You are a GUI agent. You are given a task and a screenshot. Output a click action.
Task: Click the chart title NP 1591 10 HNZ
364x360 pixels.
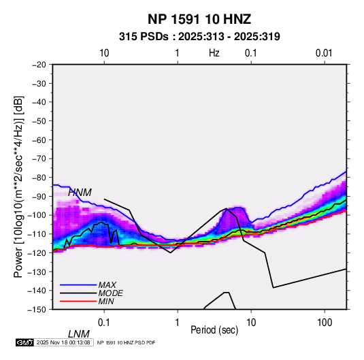[199, 19]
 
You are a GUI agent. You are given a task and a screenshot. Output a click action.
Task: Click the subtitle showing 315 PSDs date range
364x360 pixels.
[199, 37]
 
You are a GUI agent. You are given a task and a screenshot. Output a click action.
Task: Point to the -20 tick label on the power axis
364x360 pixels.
[39, 65]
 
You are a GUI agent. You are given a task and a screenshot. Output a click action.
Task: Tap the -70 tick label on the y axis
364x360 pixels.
[39, 159]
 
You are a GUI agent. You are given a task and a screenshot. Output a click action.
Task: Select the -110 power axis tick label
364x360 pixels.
[37, 234]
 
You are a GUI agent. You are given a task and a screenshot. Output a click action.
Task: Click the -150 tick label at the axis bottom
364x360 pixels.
[37, 310]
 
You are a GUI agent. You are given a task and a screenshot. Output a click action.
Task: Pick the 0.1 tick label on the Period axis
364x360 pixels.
[104, 323]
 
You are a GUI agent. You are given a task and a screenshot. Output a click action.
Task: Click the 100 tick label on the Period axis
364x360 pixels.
[325, 323]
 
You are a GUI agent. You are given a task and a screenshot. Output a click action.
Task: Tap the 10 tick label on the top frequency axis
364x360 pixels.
[104, 53]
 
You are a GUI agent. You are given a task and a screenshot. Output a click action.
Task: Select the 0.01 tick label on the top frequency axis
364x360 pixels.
[324, 53]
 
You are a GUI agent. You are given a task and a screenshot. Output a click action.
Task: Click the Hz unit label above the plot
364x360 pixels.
[214, 53]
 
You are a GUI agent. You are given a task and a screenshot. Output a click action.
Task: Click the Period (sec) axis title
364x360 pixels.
[214, 330]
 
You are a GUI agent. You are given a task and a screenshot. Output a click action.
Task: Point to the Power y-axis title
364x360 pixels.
[18, 187]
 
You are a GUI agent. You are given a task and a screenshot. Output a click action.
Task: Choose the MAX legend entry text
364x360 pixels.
[107, 285]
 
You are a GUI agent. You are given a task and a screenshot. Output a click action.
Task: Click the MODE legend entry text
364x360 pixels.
[110, 293]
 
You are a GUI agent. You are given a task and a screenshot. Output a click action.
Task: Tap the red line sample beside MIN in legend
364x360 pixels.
[78, 301]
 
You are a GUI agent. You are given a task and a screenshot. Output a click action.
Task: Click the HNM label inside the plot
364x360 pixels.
[80, 193]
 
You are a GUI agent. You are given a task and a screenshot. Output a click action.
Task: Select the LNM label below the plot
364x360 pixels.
[79, 334]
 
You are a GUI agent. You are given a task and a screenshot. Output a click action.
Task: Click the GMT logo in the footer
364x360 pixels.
[25, 342]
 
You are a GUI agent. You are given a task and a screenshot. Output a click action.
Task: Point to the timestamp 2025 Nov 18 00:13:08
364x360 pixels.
[63, 342]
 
